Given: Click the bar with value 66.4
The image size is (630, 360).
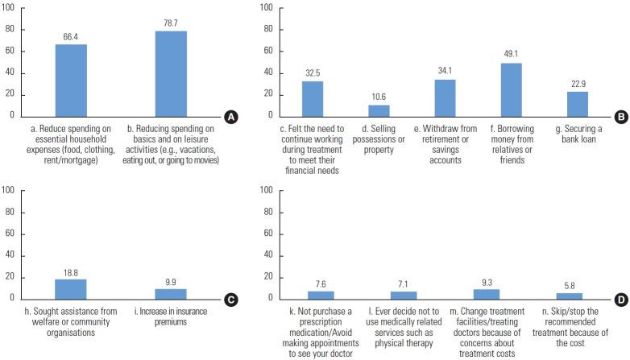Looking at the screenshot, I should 71,80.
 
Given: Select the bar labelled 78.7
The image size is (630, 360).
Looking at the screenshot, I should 171,73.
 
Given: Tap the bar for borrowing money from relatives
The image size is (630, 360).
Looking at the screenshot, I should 512,89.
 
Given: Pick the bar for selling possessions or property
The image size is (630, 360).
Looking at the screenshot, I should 379,110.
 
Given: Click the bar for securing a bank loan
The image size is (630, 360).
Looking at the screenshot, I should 578,104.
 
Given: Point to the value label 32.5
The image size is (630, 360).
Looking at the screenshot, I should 313,73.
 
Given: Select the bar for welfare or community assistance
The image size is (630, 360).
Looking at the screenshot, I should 71,289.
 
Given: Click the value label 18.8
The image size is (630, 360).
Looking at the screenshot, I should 71,271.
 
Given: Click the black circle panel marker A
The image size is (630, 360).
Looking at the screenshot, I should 231,118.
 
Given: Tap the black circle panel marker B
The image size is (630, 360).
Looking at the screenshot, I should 621,118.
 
